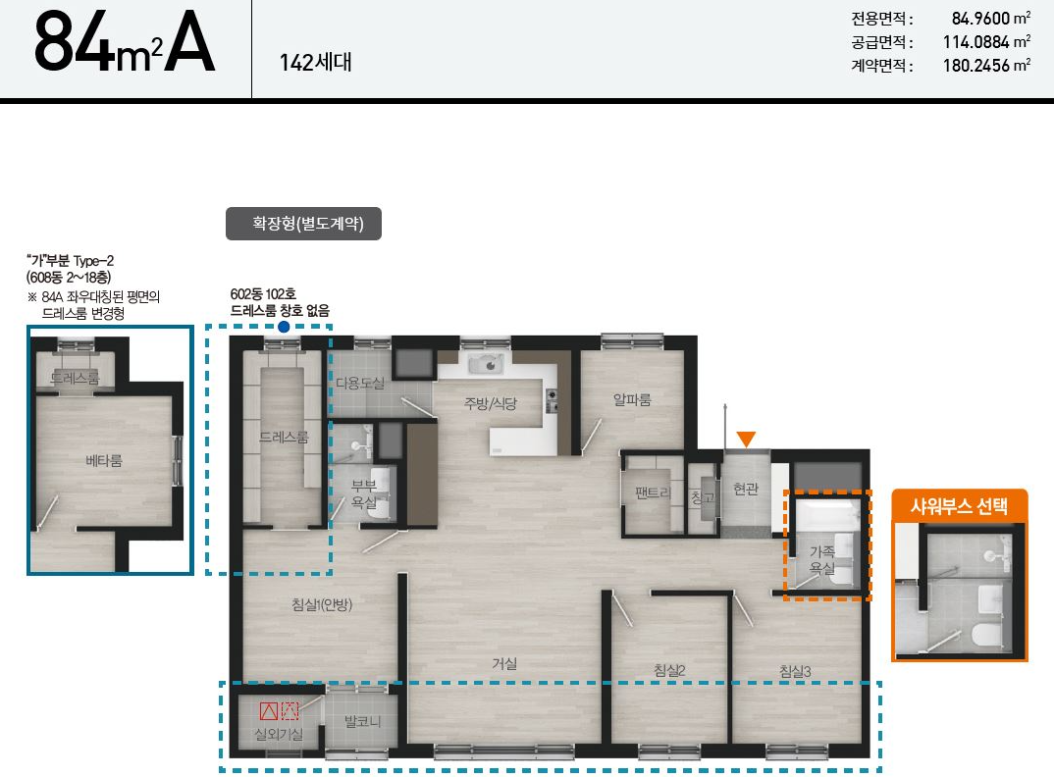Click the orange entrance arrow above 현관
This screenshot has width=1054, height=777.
[746, 440]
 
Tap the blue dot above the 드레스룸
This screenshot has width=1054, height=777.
[284, 327]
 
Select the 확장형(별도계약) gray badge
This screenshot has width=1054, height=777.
[304, 224]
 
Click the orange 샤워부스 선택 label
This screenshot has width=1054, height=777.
[959, 505]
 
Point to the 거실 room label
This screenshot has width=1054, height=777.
[504, 664]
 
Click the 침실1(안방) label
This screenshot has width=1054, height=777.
[322, 605]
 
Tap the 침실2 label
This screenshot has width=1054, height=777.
[669, 670]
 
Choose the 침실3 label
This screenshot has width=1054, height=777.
[795, 671]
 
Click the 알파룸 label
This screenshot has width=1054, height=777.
[633, 400]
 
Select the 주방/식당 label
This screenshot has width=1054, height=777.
[491, 404]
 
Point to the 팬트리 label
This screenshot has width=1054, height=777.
[653, 492]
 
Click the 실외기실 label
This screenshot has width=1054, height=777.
[279, 734]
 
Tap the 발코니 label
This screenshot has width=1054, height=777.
[363, 722]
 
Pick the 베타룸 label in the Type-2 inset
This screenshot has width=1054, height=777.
[104, 461]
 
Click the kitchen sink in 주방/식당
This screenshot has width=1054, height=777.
[489, 364]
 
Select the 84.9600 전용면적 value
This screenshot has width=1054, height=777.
[980, 18]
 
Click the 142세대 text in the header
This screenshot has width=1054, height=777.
[316, 63]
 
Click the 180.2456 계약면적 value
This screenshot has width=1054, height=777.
[976, 65]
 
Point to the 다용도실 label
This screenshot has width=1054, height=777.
[360, 384]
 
